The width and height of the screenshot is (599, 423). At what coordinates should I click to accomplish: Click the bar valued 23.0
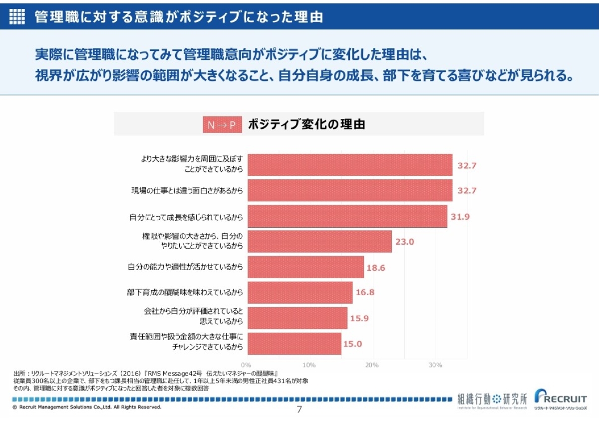319,242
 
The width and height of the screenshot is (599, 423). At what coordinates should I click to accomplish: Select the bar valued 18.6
305,267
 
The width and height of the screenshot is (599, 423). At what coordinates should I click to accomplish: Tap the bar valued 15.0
295,344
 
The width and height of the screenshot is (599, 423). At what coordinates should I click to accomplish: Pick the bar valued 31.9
347,216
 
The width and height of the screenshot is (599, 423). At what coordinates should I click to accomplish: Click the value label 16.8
365,293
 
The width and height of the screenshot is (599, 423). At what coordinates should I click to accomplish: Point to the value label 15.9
359,318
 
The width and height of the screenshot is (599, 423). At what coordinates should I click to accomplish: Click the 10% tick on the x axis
309,365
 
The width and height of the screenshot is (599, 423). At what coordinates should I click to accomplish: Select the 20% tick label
372,365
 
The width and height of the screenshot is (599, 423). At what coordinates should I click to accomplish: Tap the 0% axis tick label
246,365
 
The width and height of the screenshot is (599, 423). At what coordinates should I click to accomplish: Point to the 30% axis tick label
435,365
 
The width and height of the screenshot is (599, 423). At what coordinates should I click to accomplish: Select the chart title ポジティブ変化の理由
306,124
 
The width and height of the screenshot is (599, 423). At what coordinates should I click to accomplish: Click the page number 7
299,410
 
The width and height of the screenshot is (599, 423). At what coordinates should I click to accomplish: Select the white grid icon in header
17,16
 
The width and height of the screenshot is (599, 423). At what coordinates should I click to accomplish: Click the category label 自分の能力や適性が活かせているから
185,267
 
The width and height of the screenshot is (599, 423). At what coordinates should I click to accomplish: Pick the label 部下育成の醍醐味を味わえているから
185,293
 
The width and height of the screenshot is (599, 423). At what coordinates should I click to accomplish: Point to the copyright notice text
87,407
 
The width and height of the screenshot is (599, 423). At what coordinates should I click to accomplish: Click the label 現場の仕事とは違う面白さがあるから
187,191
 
